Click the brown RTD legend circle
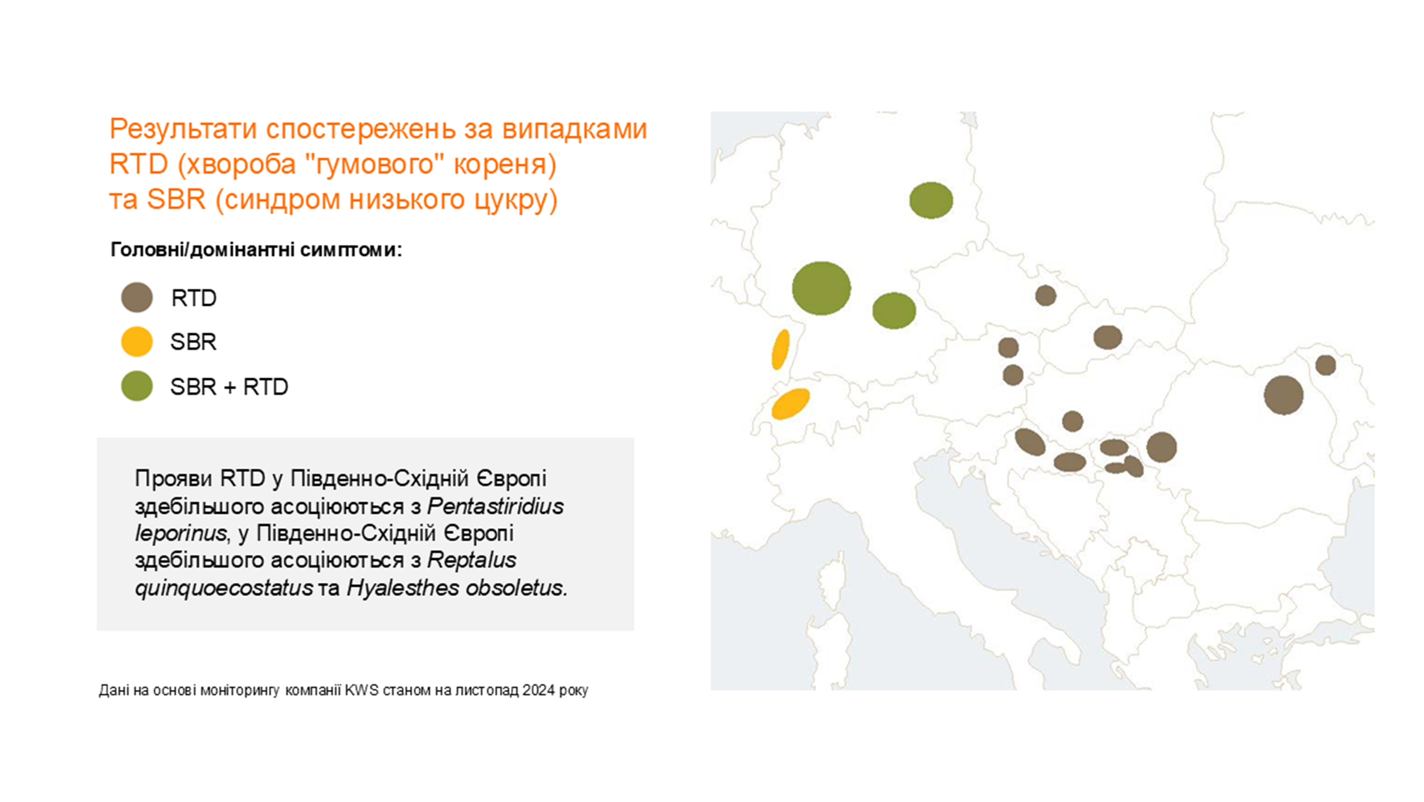coord(137,297)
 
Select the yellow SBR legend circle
coord(137,342)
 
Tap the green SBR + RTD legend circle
coord(137,386)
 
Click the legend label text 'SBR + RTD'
coord(229,387)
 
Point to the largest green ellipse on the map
coord(821,288)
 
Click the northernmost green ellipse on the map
coord(931,200)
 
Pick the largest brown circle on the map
coord(1283,395)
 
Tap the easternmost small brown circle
coord(1325,365)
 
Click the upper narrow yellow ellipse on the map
coord(780,349)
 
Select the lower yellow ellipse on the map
coord(791,404)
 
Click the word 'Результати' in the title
coord(183,129)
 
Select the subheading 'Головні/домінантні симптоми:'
coord(256,249)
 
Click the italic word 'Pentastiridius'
coord(496,506)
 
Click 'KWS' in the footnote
coord(362,690)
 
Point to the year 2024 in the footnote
coord(538,690)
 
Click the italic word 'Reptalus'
coord(472,560)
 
